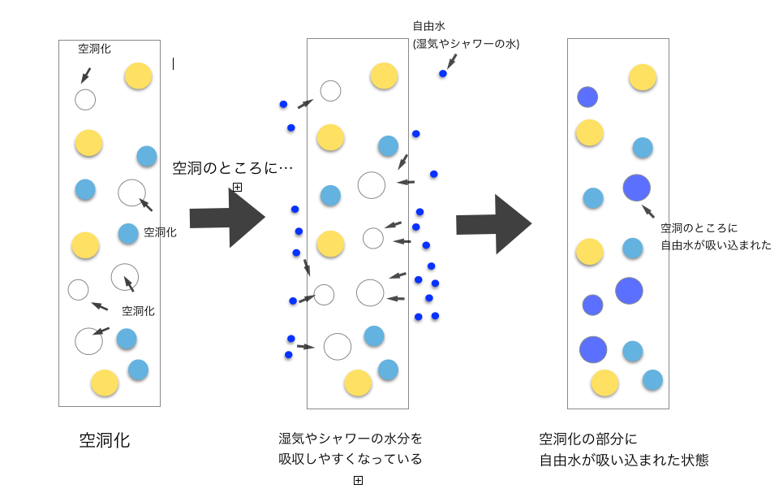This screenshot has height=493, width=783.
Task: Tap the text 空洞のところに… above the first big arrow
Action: click(233, 168)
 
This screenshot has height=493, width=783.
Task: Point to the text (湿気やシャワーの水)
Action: click(466, 44)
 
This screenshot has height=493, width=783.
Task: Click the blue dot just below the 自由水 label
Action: click(443, 74)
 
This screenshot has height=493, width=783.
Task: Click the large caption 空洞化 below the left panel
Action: click(105, 441)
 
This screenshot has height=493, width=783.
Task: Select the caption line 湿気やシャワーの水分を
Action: click(351, 439)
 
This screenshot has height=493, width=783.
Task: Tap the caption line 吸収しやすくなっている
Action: click(351, 459)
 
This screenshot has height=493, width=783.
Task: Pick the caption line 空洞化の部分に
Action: click(588, 439)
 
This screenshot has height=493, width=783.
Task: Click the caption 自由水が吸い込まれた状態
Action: click(624, 461)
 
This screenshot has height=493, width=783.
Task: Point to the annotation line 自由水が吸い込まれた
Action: click(716, 244)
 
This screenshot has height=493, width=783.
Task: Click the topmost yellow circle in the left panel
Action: click(138, 76)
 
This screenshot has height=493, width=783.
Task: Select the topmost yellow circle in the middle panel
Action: click(384, 76)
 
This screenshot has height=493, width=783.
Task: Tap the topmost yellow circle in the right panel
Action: click(643, 77)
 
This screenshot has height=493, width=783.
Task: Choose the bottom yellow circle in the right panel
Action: click(604, 383)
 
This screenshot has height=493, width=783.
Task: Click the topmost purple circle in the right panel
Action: click(587, 97)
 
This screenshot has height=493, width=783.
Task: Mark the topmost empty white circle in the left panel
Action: click(85, 100)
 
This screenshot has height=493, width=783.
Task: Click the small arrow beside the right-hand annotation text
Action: click(648, 211)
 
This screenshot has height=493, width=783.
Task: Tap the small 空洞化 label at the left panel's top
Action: click(94, 49)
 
